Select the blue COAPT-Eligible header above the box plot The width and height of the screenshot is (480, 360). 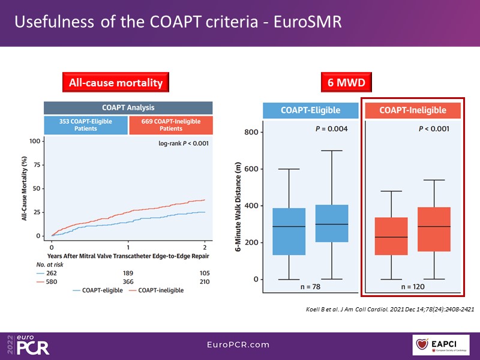click(x=310, y=110)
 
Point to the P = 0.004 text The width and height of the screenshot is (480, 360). click(x=332, y=129)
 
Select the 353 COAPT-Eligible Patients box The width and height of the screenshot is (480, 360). click(x=86, y=124)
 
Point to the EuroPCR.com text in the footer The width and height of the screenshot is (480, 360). click(x=240, y=344)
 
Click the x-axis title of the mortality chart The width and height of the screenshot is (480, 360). click(x=128, y=255)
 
